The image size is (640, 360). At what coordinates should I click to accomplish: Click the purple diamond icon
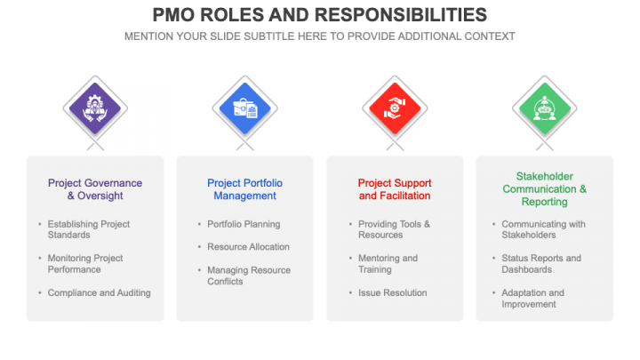click(95, 108)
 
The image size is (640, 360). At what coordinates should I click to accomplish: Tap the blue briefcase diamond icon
click(245, 108)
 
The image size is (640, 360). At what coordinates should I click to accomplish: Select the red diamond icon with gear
click(395, 108)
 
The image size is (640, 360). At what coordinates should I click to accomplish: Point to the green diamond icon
click(545, 108)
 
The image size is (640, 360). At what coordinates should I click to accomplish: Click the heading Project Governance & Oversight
click(95, 189)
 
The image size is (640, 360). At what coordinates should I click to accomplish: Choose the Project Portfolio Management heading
click(245, 189)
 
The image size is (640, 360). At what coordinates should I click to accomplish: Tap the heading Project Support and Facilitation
click(395, 189)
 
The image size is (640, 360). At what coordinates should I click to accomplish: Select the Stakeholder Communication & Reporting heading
click(545, 189)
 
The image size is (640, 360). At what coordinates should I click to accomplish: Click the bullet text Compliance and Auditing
click(100, 292)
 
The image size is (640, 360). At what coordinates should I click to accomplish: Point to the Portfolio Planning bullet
click(244, 224)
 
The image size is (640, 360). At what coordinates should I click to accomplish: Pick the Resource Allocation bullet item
click(248, 246)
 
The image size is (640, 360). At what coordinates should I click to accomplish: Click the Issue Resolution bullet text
click(393, 292)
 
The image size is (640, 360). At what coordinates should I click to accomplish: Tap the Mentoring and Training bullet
click(388, 264)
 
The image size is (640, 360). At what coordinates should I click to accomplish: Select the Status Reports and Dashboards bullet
click(541, 264)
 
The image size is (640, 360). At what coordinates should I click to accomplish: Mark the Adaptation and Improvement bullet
click(532, 299)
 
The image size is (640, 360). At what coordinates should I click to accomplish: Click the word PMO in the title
click(173, 15)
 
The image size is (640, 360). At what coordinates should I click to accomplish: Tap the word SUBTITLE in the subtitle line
click(268, 36)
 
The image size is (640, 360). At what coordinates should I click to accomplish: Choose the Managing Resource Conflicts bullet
click(249, 276)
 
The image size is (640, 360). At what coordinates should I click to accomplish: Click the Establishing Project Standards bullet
click(89, 229)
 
